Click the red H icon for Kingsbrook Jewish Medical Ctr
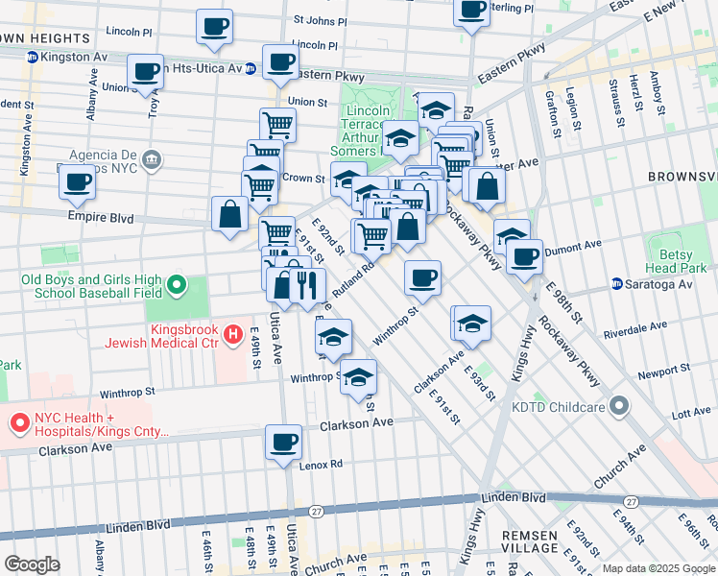tap(231, 335)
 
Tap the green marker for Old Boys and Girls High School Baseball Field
tap(177, 285)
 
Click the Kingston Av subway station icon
tap(32, 58)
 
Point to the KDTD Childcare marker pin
tap(620, 407)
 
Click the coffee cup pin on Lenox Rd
tap(283, 443)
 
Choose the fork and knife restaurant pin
tap(307, 284)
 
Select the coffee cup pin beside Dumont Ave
tap(524, 256)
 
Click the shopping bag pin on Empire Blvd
tap(231, 214)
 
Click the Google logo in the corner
tap(32, 564)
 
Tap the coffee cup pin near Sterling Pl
tap(471, 10)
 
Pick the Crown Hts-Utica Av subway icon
tap(250, 69)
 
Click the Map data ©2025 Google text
tap(658, 568)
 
